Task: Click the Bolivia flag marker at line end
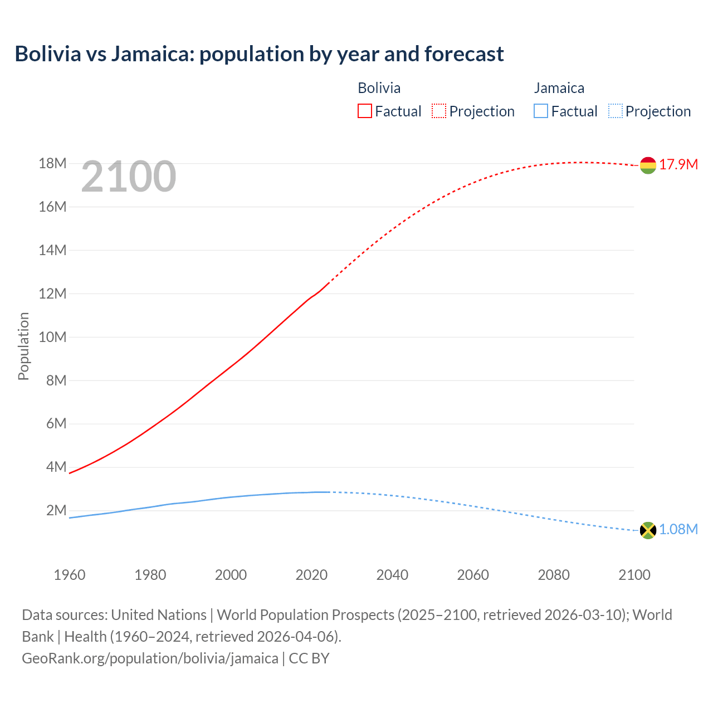click(648, 165)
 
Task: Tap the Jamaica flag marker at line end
click(648, 530)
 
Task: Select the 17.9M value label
click(678, 165)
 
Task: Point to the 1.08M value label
click(678, 530)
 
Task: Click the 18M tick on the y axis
click(52, 164)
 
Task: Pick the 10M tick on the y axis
click(52, 338)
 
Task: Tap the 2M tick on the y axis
click(56, 511)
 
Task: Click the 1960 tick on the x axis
click(70, 575)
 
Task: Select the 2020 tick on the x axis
click(311, 575)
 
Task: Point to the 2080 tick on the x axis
click(554, 575)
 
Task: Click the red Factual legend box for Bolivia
click(365, 111)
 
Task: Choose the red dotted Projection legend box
click(439, 111)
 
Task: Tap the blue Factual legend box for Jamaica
click(541, 111)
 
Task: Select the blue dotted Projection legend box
click(616, 111)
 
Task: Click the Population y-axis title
click(23, 346)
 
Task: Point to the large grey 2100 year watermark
click(129, 177)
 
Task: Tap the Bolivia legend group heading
click(379, 88)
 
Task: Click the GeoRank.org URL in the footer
click(150, 658)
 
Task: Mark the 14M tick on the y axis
click(52, 251)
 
